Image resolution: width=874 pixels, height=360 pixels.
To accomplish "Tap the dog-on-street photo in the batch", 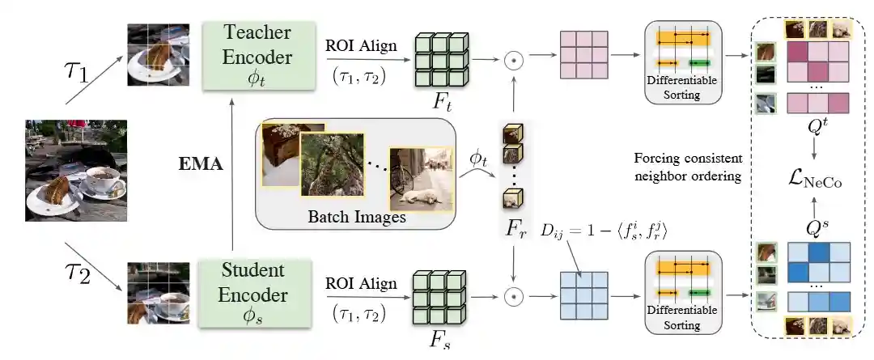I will click(420, 179).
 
